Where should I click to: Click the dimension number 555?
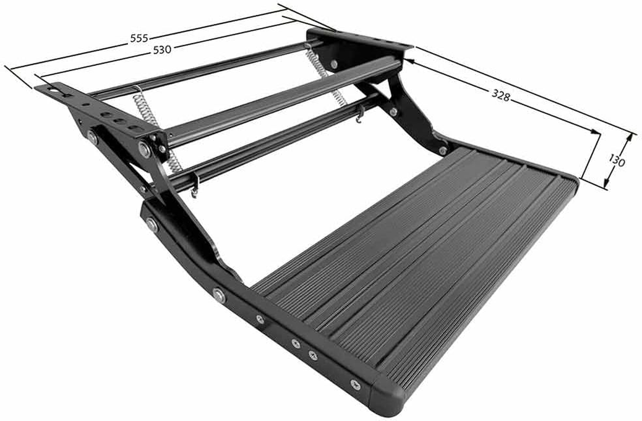click(140, 38)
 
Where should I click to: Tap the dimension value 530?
click(162, 50)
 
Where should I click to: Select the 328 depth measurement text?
click(501, 95)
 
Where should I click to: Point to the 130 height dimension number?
click(617, 160)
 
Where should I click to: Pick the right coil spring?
click(325, 74)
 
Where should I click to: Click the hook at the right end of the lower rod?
click(360, 115)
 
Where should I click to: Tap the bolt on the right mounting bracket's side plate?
click(334, 64)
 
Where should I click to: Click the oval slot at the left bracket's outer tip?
click(53, 89)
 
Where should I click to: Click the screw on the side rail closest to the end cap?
click(355, 384)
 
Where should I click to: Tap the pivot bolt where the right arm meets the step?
click(443, 150)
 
